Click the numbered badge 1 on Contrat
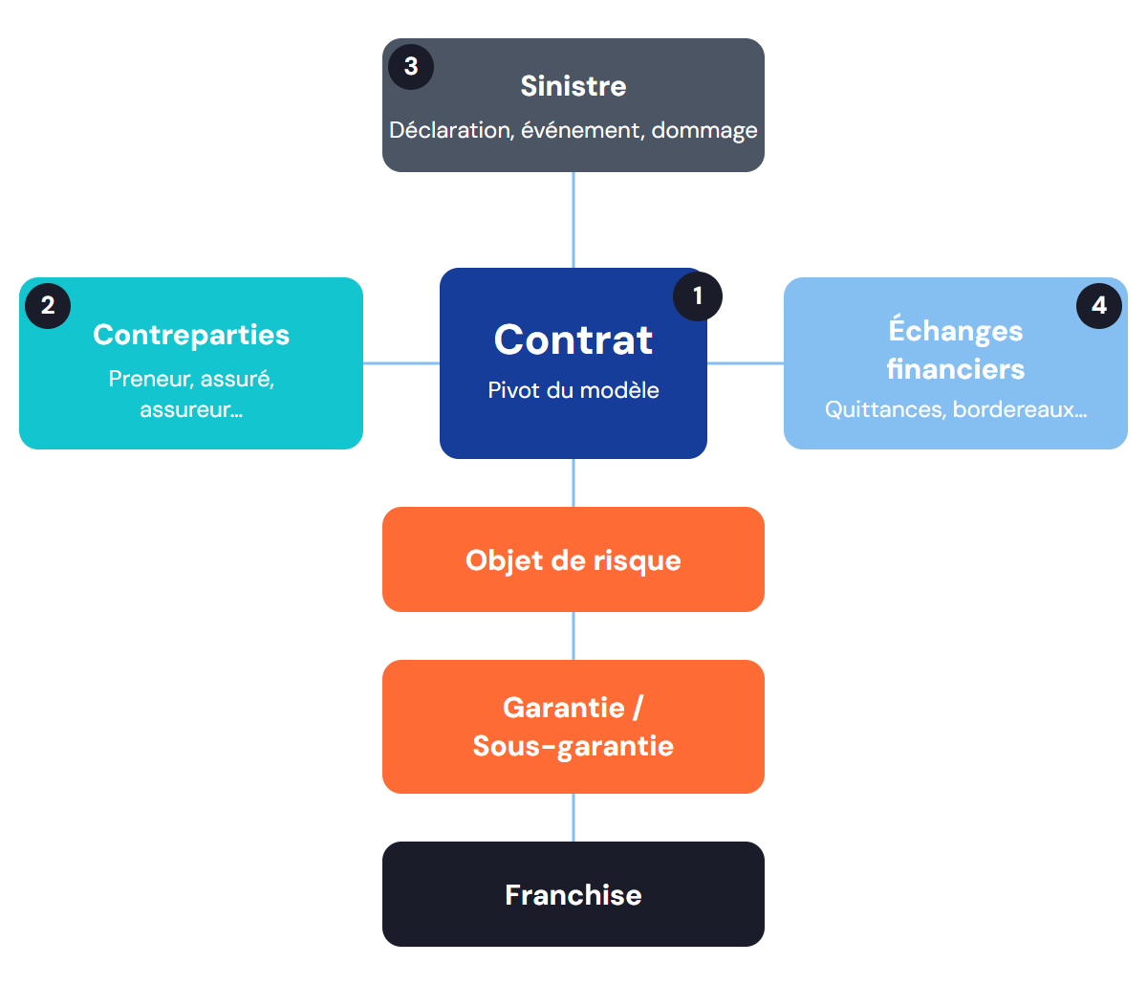click(697, 295)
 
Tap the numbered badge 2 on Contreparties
click(48, 305)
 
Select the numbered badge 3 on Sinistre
click(411, 67)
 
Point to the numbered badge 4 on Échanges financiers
click(1098, 305)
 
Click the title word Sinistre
click(573, 86)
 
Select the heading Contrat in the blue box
click(573, 339)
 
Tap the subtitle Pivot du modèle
click(573, 390)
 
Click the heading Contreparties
click(191, 335)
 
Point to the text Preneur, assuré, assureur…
click(191, 394)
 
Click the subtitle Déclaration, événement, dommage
click(573, 130)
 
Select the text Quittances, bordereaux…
click(956, 409)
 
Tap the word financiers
click(956, 369)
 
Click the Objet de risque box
click(573, 559)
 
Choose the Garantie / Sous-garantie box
click(573, 726)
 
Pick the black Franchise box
click(573, 894)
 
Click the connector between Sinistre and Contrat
click(573, 220)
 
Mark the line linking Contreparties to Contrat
click(401, 363)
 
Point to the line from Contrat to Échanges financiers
click(746, 363)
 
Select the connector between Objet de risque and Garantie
click(573, 636)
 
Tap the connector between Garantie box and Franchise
click(573, 818)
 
